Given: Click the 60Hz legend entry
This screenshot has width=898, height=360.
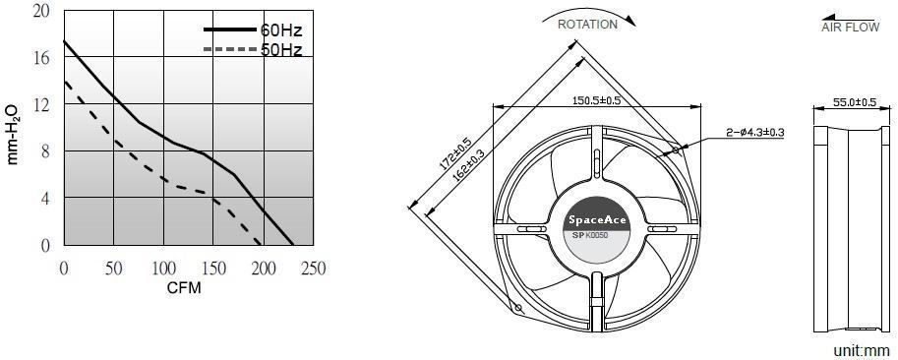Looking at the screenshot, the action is [253, 30].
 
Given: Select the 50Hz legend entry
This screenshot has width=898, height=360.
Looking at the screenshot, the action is [253, 50].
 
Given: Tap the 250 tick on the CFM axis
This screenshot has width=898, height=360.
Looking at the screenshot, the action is [314, 268].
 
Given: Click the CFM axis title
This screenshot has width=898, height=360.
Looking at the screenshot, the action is [184, 288].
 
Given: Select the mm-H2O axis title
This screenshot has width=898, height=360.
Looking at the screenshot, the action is [13, 135].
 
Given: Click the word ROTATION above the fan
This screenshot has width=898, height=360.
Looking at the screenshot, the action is [587, 25].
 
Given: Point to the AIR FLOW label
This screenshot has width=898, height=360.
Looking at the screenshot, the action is [851, 27].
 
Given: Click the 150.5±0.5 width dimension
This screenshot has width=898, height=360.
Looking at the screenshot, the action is [597, 100].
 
